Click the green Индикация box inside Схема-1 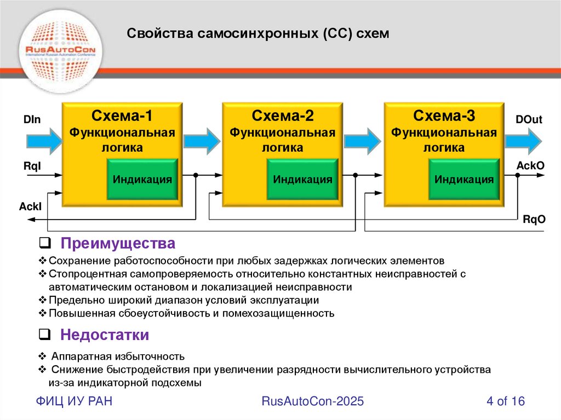(142, 179)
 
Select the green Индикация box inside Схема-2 (303, 179)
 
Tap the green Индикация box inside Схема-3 (464, 179)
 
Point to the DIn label (32, 119)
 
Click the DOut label (529, 119)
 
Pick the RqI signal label (31, 164)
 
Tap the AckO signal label (530, 164)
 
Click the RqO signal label (534, 220)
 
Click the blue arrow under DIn (44, 140)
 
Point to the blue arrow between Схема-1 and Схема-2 (202, 141)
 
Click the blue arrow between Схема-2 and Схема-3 (362, 141)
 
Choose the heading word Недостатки (105, 335)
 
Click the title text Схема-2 (283, 116)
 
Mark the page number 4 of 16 (506, 401)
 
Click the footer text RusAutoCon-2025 (313, 401)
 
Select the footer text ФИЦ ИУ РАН (75, 401)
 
